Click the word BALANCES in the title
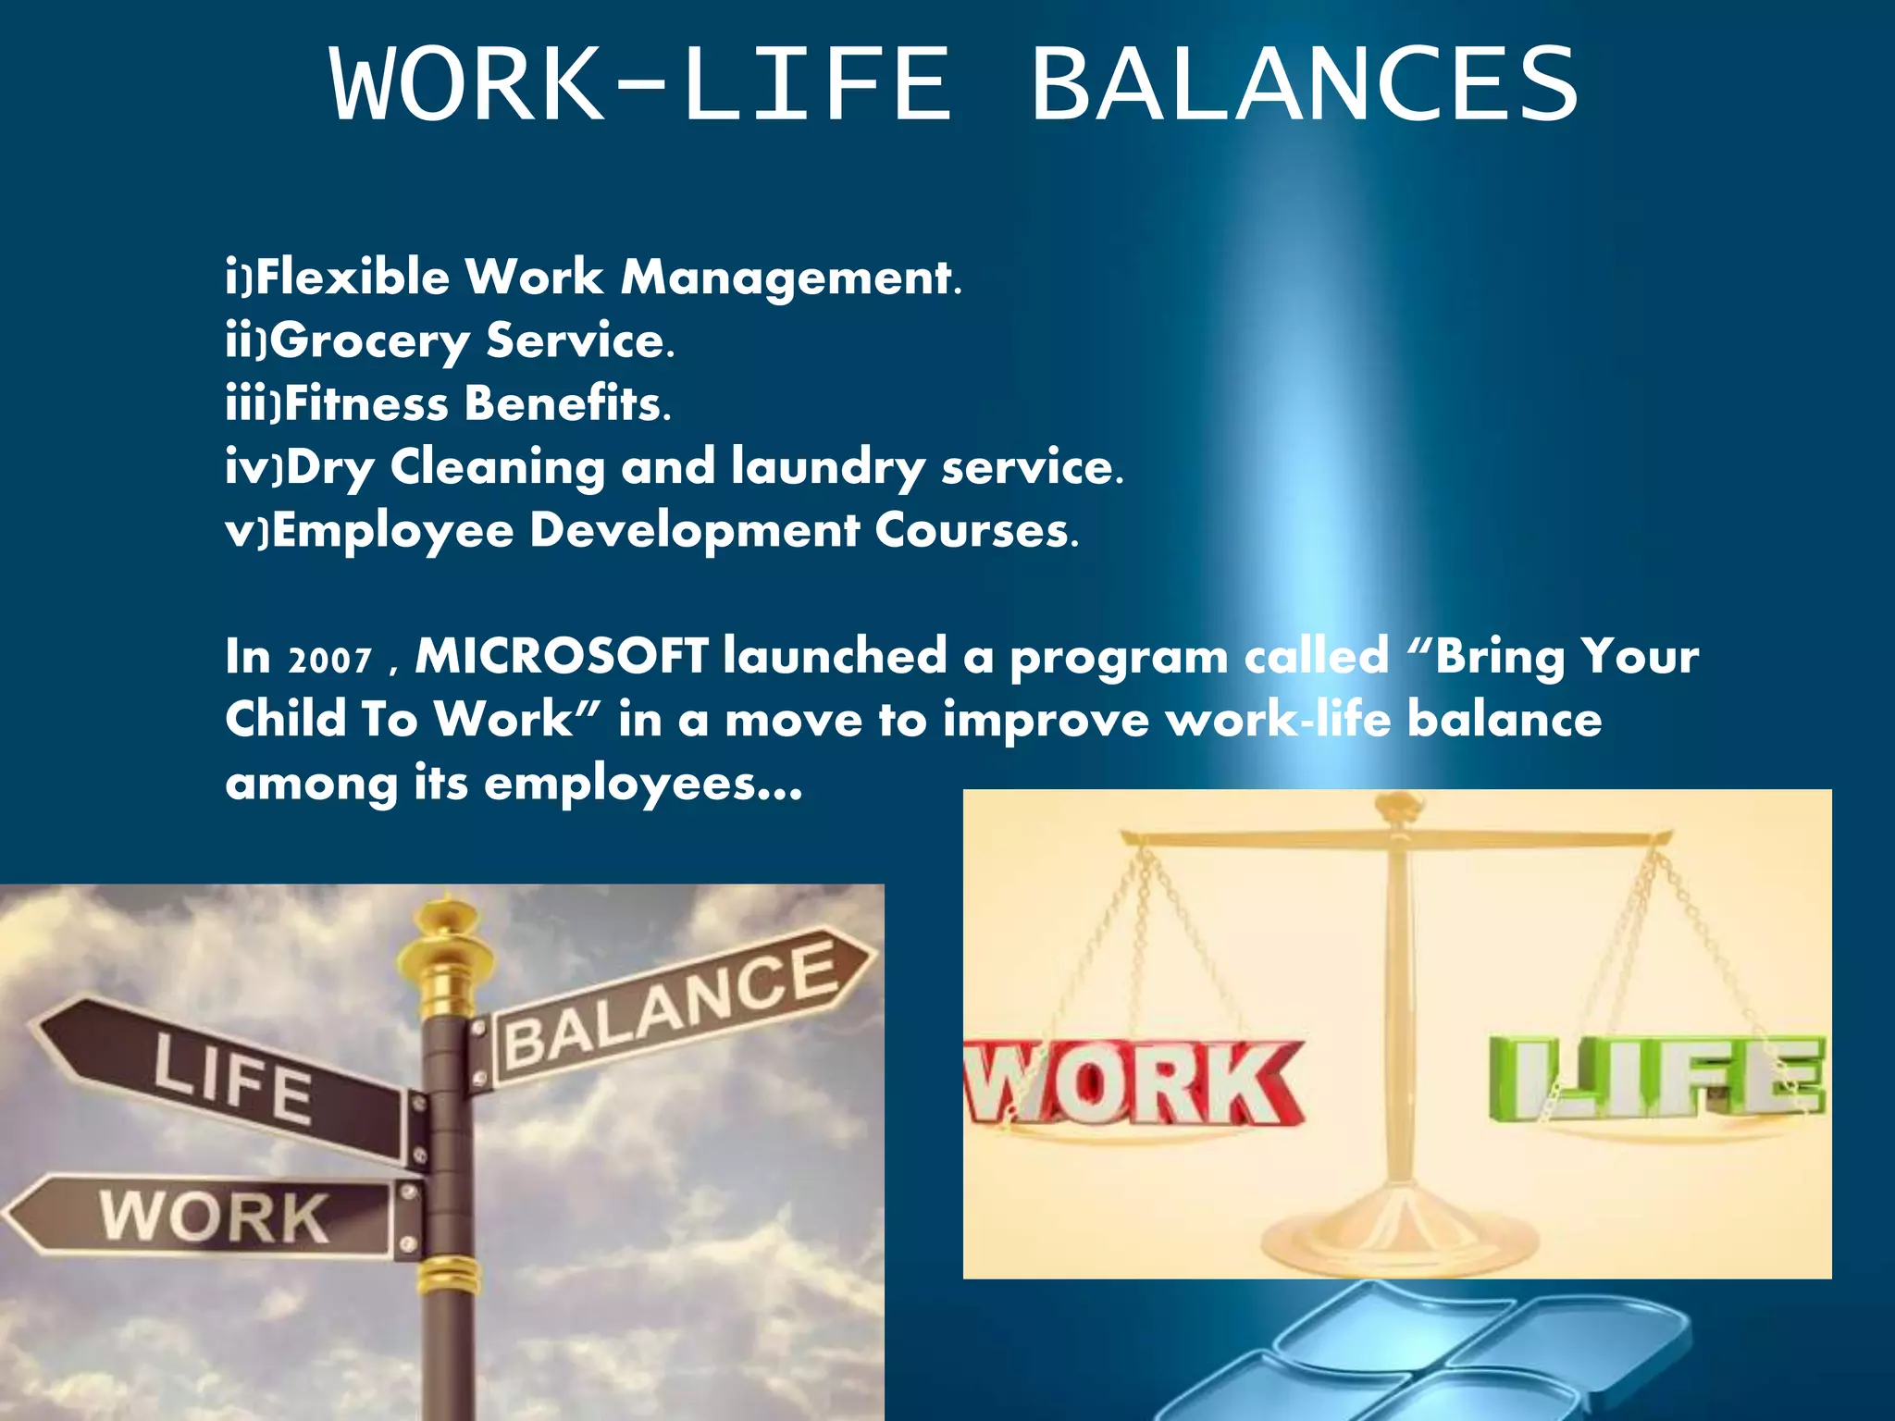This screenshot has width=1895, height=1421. pyautogui.click(x=1305, y=85)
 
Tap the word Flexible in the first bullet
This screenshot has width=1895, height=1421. pyautogui.click(x=353, y=277)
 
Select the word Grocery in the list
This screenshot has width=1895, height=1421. pyautogui.click(x=370, y=340)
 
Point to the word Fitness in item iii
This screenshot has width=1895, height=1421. pyautogui.click(x=366, y=403)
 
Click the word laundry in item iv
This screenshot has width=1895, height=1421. pyautogui.click(x=827, y=466)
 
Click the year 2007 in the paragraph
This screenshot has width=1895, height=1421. pyautogui.click(x=330, y=660)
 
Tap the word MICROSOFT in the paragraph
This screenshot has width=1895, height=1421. pyautogui.click(x=562, y=656)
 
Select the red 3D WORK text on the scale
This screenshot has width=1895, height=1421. pyautogui.click(x=1133, y=1082)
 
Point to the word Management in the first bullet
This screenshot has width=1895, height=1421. pyautogui.click(x=791, y=277)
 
